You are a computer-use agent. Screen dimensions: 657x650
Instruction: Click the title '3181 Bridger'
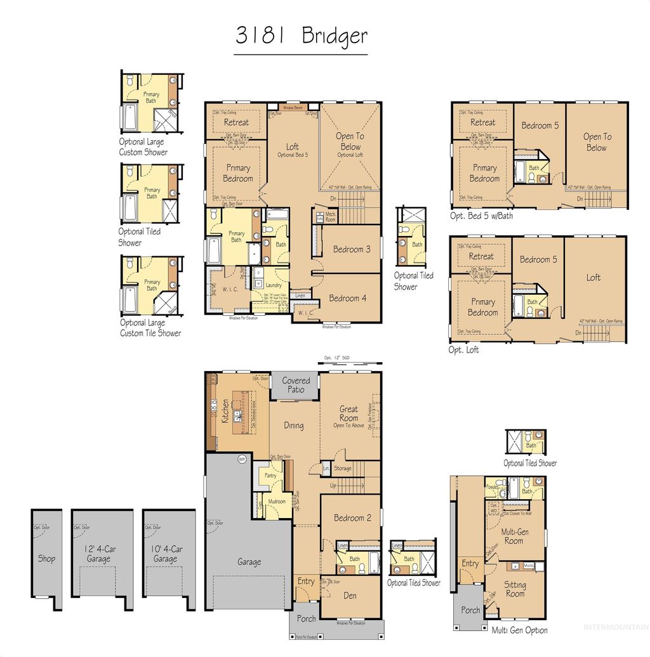coord(301,36)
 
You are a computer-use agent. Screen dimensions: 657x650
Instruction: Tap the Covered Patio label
coord(296,385)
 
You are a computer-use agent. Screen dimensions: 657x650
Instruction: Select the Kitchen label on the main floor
coord(225,412)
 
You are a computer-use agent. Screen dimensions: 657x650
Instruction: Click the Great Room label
coord(348,413)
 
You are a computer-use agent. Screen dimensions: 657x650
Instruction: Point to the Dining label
coord(293,426)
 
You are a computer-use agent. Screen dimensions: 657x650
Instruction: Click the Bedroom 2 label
coord(349,517)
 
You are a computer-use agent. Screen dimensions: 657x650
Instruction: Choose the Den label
coord(350,595)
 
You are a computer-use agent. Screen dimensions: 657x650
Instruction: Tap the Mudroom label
coord(276,501)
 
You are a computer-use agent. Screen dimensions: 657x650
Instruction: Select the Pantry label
coord(270,475)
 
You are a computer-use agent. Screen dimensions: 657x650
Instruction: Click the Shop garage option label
coord(46,559)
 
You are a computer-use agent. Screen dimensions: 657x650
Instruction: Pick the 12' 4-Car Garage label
coord(99,554)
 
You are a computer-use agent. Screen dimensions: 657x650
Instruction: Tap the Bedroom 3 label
coord(352,249)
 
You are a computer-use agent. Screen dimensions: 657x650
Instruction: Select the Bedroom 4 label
coord(347,298)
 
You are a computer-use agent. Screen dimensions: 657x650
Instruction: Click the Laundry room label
coord(274,285)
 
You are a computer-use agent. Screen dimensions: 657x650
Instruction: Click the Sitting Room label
coord(515,589)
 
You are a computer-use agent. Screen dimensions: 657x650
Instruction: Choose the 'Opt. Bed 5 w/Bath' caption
coord(481,216)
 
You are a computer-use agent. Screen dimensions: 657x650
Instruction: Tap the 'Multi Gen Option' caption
coord(519,630)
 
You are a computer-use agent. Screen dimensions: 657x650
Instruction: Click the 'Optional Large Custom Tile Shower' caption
coord(150,328)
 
